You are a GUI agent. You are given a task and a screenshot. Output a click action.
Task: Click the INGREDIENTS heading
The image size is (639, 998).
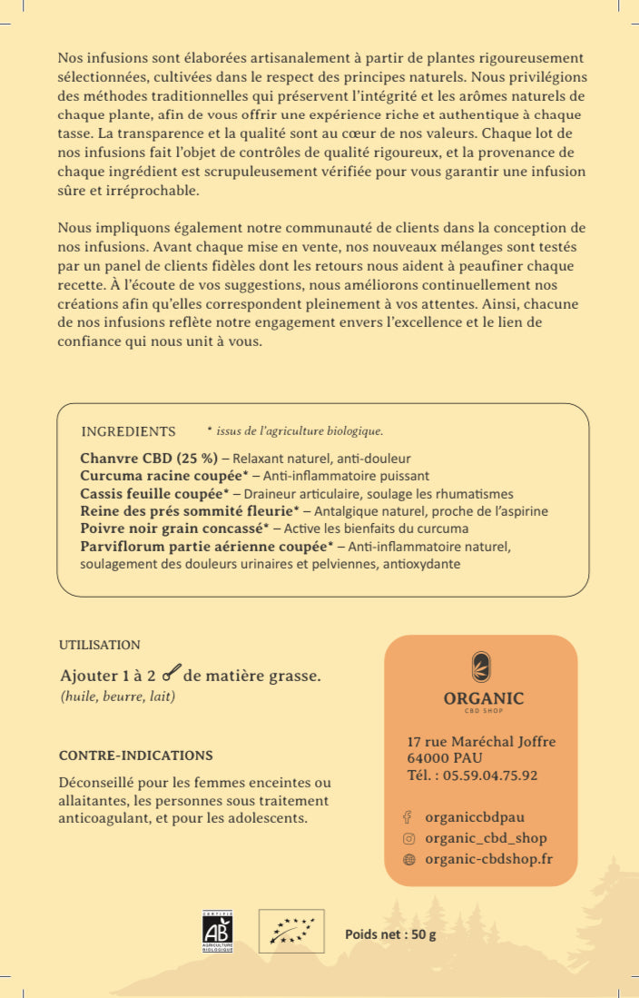click(128, 431)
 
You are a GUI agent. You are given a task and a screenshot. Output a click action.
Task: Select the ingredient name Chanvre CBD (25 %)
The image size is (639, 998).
click(149, 458)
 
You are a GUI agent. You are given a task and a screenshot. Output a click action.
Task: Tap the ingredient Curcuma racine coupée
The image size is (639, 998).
click(164, 476)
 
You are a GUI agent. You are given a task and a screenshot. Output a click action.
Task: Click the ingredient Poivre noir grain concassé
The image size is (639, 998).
click(174, 529)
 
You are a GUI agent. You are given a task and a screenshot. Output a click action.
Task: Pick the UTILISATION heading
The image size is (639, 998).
click(100, 646)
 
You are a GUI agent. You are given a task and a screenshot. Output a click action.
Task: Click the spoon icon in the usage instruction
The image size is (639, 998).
click(171, 673)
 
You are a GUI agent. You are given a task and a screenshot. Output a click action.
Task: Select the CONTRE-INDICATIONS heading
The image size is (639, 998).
click(136, 756)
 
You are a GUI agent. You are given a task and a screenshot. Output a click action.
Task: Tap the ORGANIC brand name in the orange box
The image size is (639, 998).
click(484, 698)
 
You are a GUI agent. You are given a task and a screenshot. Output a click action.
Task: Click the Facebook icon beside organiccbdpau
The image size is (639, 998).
click(408, 817)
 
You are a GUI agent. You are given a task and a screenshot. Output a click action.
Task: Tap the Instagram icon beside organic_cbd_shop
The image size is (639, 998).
click(408, 839)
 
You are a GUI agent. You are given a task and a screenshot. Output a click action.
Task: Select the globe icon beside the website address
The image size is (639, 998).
click(408, 859)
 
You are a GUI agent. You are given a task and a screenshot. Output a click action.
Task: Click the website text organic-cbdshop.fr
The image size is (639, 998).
click(488, 859)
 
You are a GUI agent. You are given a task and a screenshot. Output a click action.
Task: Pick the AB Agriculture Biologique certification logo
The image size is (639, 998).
click(217, 931)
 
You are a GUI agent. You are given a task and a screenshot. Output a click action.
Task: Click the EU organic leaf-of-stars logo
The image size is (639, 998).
click(291, 931)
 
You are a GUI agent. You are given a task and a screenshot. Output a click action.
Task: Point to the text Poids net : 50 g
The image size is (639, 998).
click(390, 935)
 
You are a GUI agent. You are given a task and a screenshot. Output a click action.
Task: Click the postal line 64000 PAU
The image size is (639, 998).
click(445, 758)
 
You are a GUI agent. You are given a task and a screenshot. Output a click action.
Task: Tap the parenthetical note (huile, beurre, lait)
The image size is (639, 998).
click(117, 697)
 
